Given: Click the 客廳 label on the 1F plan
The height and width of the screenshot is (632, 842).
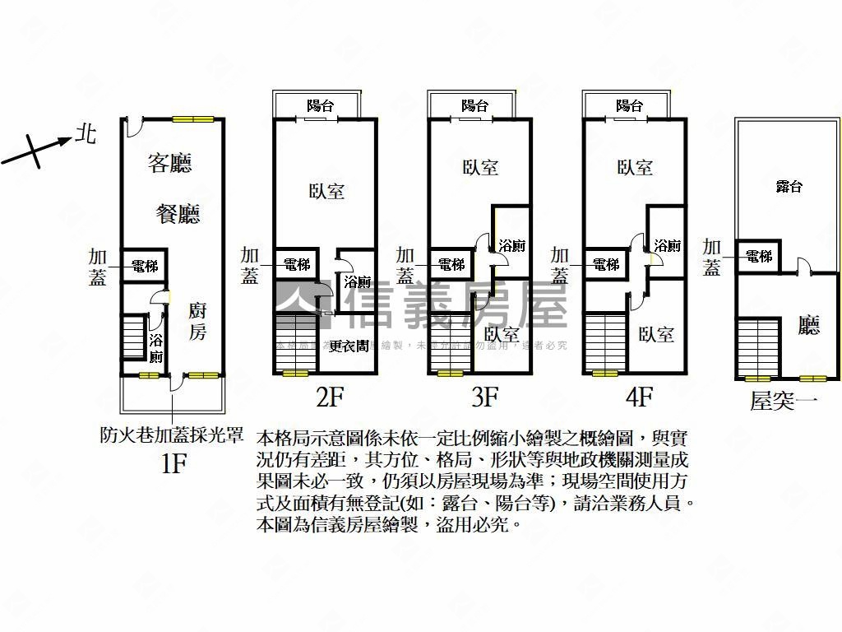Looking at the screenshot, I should point(170,163).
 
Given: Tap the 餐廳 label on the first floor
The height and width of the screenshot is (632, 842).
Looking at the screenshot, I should point(178,215).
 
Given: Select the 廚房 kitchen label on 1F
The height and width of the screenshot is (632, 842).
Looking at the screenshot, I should point(197,322).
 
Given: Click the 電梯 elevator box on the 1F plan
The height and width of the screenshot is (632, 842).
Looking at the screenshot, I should point(145,266).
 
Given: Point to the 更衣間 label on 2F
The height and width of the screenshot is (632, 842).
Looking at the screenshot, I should point(349,346).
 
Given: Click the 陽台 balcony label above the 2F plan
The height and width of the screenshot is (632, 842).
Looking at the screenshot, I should point(320,105).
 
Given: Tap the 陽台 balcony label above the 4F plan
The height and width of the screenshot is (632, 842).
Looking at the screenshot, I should point(629,105).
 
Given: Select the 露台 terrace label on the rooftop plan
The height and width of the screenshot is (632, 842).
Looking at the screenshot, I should point(789,187).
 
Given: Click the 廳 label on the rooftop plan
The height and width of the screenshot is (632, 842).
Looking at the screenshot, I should point(809,327).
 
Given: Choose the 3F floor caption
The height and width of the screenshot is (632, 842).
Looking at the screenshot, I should point(484,398).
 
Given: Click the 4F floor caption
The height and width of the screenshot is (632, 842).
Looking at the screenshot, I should point(639,398).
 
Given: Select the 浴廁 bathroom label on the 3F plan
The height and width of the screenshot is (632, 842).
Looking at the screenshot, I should point(512,245).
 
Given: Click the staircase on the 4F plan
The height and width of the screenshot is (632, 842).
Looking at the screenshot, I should point(605,342).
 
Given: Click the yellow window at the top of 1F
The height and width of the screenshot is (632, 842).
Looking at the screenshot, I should point(193,119).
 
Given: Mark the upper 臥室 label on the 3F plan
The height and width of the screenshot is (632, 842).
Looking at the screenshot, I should point(479,167).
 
